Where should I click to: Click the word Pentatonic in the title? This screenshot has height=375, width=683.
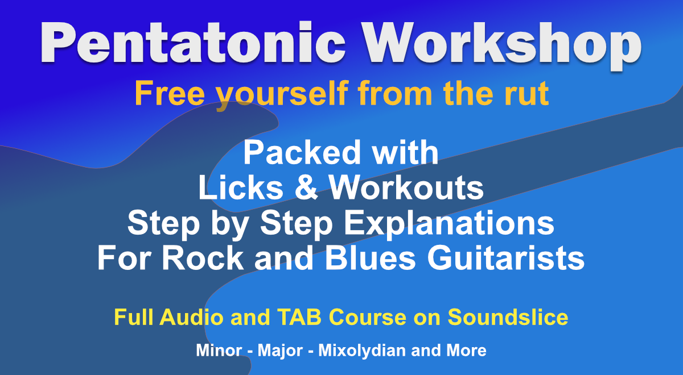point(193,43)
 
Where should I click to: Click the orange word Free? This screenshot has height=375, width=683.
point(170,93)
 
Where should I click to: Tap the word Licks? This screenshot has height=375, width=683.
point(241,188)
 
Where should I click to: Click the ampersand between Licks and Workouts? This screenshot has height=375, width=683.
point(306,188)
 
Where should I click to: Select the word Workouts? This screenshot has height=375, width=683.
point(406,188)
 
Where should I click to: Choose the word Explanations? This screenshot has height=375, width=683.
point(449,224)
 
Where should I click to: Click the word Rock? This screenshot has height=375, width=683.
point(203,258)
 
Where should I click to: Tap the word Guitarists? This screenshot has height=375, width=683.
point(506,258)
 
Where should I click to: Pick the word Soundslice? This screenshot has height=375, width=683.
point(508,317)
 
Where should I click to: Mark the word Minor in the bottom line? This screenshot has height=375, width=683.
point(219,351)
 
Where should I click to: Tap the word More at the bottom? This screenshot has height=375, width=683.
point(467,351)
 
